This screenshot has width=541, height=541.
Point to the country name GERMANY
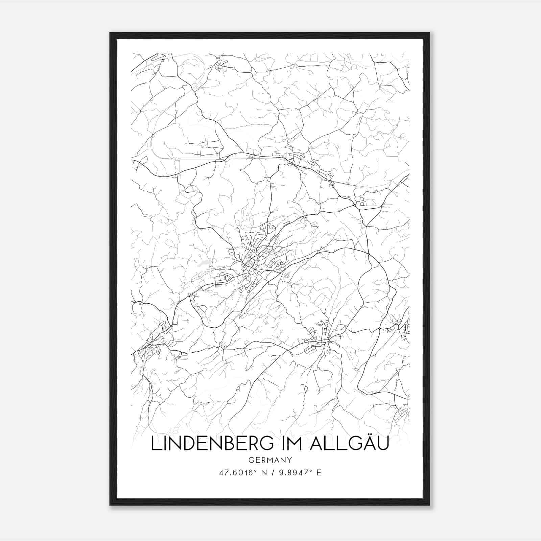pyautogui.click(x=270, y=460)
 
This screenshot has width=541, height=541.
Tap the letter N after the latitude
pyautogui.click(x=265, y=473)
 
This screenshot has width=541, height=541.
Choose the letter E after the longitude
pyautogui.click(x=319, y=473)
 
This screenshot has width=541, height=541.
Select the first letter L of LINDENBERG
pyautogui.click(x=155, y=444)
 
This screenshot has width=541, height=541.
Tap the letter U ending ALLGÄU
pyautogui.click(x=382, y=444)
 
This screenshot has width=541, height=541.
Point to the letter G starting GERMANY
pyautogui.click(x=251, y=460)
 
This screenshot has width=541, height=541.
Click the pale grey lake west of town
pyautogui.click(x=205, y=263)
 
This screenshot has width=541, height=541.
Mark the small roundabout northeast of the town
pyautogui.click(x=354, y=205)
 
